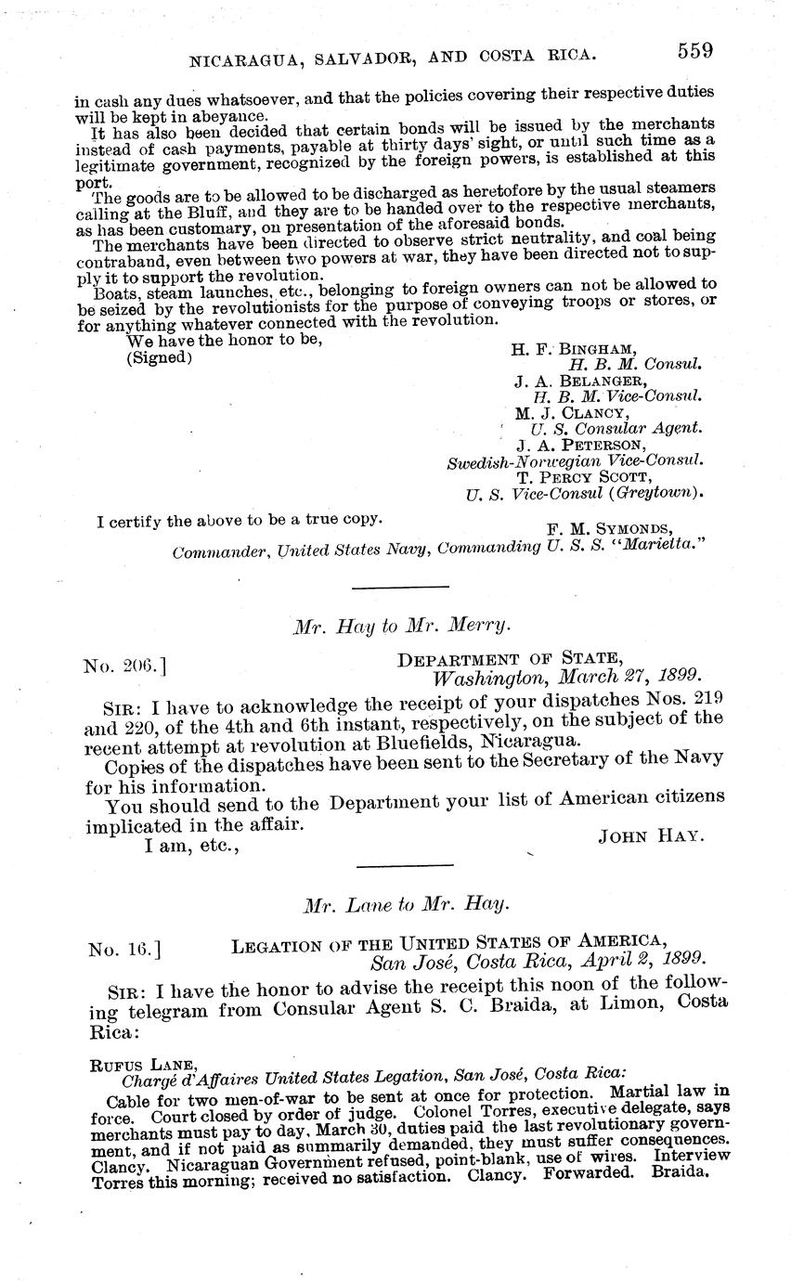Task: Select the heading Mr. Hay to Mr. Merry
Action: [402, 626]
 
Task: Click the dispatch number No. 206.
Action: [124, 665]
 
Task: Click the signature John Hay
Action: [651, 835]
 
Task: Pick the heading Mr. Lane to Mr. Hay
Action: [407, 903]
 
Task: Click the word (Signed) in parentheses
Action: [160, 357]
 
